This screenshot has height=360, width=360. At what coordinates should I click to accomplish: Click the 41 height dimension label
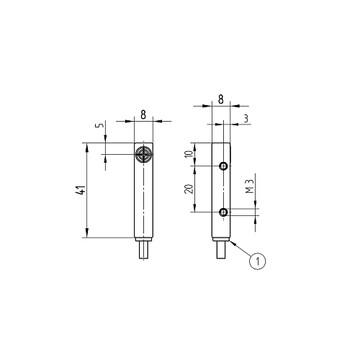click(80, 191)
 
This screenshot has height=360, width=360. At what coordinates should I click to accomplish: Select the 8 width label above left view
click(143, 115)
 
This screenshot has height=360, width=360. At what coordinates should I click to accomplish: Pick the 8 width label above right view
click(221, 99)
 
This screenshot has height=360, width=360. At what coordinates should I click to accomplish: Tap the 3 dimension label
click(246, 119)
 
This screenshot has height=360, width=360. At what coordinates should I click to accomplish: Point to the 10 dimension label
click(189, 154)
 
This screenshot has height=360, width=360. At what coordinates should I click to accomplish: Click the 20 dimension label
click(189, 189)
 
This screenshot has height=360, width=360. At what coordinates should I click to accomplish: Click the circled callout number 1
click(257, 261)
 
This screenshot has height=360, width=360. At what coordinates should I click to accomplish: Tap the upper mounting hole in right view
click(224, 165)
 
